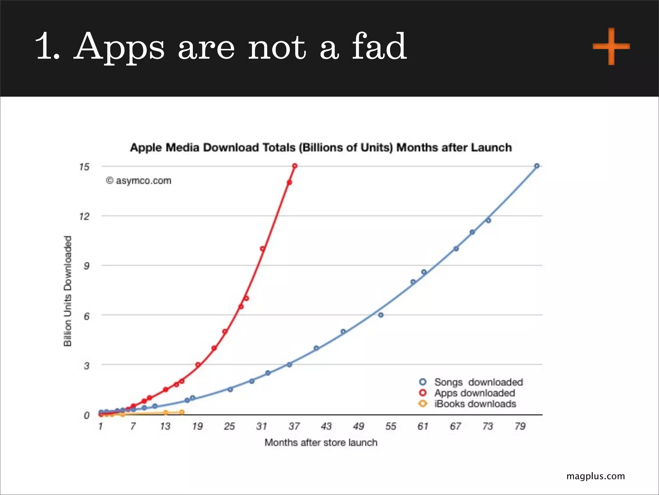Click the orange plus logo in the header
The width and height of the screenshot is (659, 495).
[x=611, y=46]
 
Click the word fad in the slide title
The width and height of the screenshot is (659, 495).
[x=379, y=47]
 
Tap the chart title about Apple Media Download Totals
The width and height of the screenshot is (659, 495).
[x=321, y=148]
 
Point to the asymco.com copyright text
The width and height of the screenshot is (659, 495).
[x=139, y=181]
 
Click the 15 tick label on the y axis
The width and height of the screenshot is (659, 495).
[x=84, y=167]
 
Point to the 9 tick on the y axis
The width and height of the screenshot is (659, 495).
[x=86, y=266]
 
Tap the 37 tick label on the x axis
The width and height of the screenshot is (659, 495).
[x=294, y=426]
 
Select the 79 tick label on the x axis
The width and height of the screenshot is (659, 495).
[x=520, y=426]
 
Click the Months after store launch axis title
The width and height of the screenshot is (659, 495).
[x=321, y=442]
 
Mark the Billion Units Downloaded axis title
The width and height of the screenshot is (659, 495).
[x=68, y=291]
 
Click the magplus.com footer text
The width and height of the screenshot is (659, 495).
[x=596, y=476]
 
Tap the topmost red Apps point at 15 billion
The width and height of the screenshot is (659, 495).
[x=295, y=166]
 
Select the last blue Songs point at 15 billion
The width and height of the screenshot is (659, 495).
[x=537, y=166]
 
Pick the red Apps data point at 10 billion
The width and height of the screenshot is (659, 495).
[x=262, y=249]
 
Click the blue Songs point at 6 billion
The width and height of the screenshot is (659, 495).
[x=381, y=315]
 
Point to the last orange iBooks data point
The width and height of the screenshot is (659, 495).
[x=182, y=412]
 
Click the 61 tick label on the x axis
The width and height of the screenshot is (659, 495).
[x=423, y=426]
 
